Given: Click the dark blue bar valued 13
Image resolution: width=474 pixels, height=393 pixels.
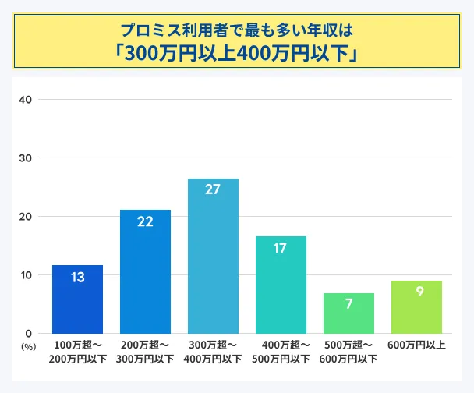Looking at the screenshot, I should [x=77, y=299].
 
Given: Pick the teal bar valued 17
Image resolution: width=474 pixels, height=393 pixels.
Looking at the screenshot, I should [x=281, y=285].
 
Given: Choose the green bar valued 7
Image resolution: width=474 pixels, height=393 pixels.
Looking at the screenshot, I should [x=348, y=313].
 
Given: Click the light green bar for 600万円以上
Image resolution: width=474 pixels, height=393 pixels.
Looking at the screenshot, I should [x=416, y=307].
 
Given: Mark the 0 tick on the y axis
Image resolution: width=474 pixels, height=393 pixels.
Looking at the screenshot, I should [x=29, y=334].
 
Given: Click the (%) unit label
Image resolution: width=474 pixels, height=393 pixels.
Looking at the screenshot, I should [x=28, y=345].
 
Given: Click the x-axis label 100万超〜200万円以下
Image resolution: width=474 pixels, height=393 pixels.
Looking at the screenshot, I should [x=78, y=352].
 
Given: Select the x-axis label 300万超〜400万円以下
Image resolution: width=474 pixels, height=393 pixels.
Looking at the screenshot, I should [x=214, y=352].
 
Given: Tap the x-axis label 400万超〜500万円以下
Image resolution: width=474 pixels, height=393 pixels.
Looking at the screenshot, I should [x=281, y=352].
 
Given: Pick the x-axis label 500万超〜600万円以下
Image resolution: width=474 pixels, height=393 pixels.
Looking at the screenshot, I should [x=349, y=352].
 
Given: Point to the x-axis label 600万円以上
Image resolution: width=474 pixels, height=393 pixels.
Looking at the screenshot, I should [x=416, y=345].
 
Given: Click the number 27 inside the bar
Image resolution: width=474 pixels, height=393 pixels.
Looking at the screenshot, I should [x=213, y=189].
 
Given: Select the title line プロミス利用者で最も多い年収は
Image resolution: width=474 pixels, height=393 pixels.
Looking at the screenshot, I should [x=237, y=30].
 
